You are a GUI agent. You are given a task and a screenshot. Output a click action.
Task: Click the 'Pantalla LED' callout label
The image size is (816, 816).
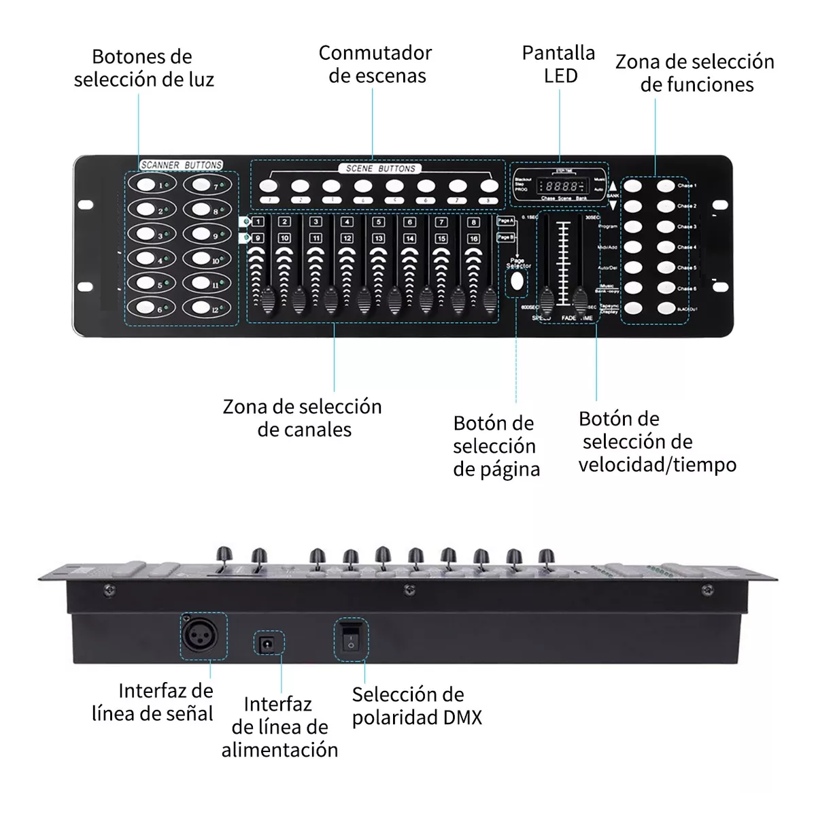(559, 64)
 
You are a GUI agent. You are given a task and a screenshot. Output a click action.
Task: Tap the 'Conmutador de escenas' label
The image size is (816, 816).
(375, 64)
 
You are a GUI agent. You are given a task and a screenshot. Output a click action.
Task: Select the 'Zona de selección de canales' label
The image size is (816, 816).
(303, 418)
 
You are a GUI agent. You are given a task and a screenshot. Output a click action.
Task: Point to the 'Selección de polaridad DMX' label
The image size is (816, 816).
(417, 706)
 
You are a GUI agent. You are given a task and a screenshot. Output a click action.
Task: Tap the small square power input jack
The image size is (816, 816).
(268, 643)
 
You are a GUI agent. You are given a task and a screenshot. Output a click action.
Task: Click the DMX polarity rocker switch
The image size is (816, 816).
(350, 639)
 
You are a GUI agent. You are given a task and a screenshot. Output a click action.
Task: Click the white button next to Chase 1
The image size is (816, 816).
(666, 186)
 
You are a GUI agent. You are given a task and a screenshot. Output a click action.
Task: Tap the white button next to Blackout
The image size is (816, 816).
(666, 309)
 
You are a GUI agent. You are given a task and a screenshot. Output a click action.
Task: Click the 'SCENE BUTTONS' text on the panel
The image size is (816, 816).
(381, 168)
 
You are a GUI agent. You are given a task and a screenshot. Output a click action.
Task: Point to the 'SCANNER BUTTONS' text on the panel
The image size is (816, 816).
(182, 165)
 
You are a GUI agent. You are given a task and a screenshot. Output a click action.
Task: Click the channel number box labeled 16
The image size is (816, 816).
(473, 239)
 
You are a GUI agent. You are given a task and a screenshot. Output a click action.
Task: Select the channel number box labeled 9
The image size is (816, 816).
(258, 238)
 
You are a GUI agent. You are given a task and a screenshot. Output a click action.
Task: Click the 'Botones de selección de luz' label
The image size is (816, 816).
(143, 68)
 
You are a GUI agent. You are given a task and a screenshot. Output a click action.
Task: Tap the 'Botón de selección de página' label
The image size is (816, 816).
(496, 446)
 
